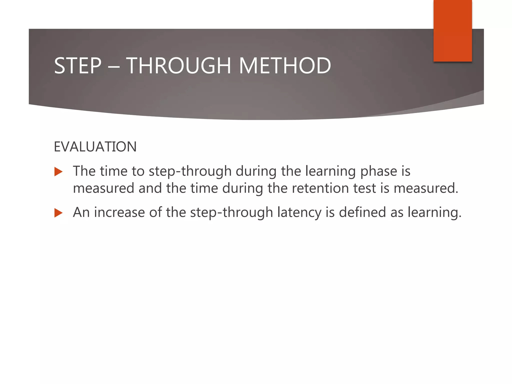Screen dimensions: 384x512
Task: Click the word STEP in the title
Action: (78, 66)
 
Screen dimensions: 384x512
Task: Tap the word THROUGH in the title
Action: (178, 66)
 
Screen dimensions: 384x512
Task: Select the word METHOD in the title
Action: (285, 66)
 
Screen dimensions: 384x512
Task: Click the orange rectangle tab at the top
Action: (452, 30)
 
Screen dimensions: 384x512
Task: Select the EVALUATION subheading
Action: (95, 147)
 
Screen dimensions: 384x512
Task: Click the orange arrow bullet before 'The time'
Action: (58, 172)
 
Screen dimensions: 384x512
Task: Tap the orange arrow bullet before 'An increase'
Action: (58, 213)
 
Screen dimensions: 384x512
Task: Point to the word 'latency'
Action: (299, 213)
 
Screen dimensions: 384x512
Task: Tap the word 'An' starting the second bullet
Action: (81, 213)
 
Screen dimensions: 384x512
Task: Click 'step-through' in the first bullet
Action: (190, 172)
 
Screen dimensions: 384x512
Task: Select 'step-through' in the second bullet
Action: (231, 213)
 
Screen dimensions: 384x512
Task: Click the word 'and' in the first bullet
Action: (150, 188)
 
